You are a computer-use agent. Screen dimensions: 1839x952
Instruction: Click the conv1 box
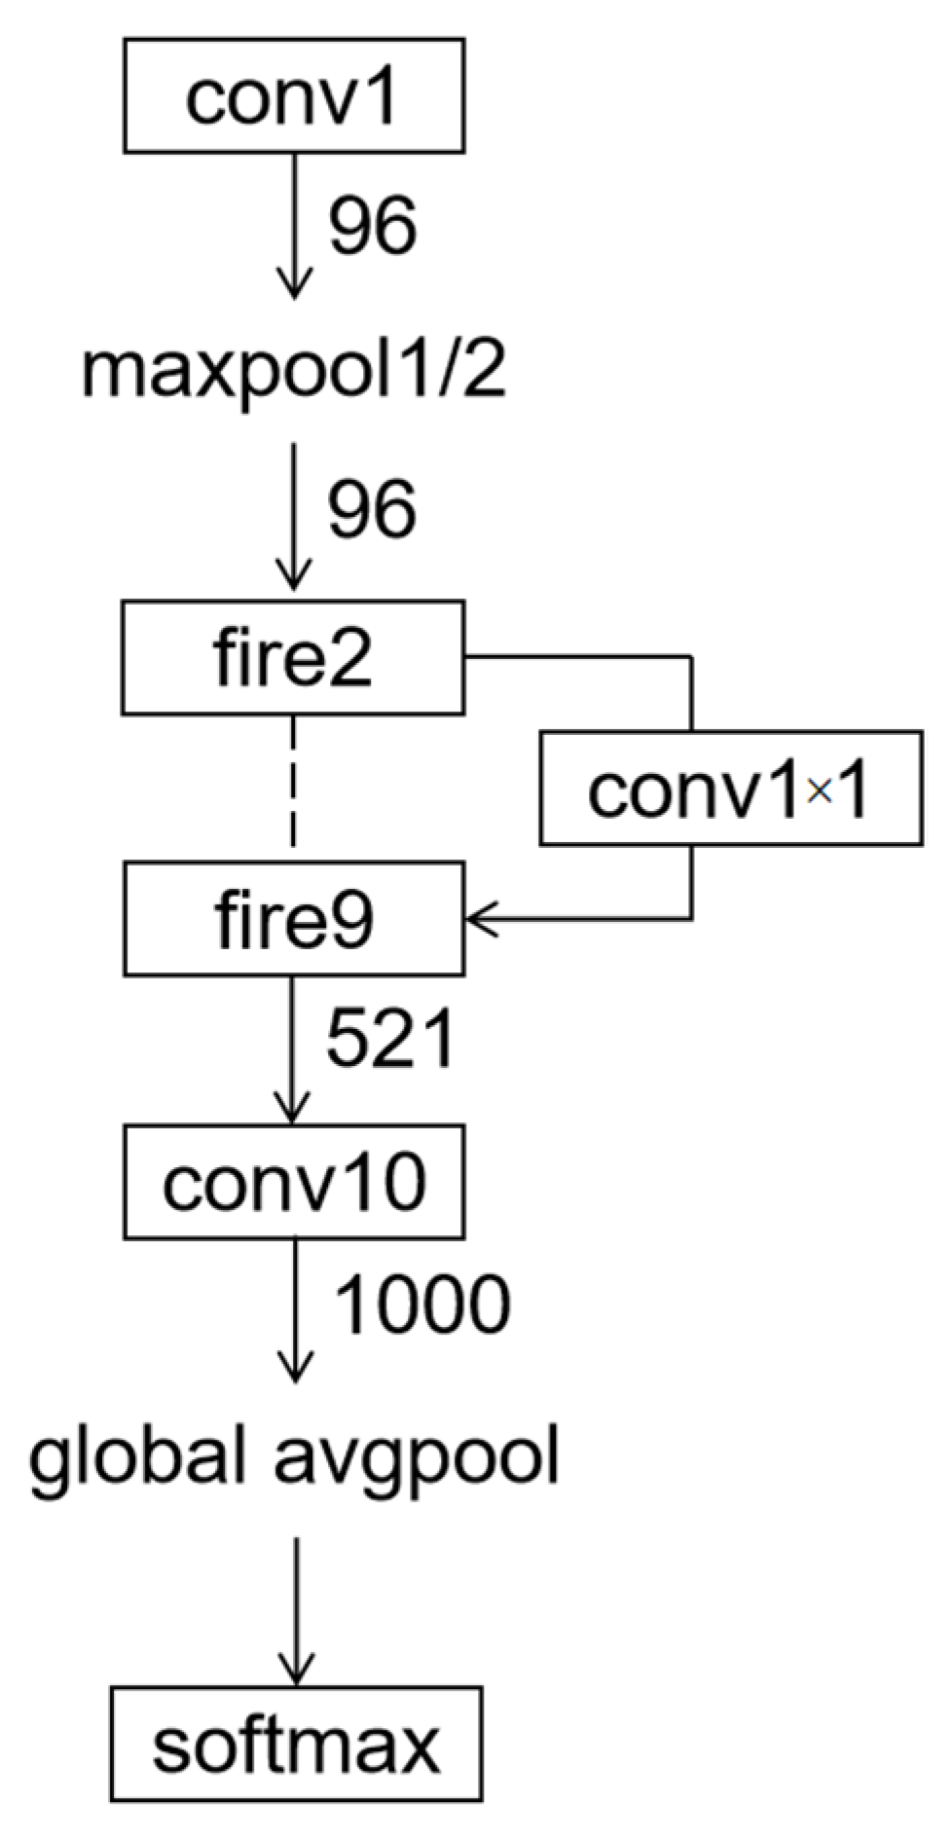(x=293, y=95)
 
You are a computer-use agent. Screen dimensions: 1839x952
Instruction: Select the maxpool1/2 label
(x=293, y=372)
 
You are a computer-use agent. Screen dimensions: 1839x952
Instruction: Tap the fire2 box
(x=293, y=658)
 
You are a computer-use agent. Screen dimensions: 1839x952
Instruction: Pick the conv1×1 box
(x=731, y=789)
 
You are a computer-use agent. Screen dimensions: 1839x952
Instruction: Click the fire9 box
(x=293, y=919)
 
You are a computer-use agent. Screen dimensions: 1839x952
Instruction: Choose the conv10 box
(x=293, y=1182)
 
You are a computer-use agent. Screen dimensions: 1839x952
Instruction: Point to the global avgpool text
(x=293, y=1458)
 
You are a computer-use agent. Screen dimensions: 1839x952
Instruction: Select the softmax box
(x=296, y=1744)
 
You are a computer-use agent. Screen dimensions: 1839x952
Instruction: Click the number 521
(x=389, y=1040)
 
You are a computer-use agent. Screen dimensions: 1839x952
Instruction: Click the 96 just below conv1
(x=372, y=226)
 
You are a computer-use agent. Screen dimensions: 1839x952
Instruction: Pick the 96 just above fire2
(x=372, y=509)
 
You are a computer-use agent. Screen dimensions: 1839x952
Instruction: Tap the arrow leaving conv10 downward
(x=295, y=1309)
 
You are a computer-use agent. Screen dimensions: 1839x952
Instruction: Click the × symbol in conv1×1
(x=820, y=793)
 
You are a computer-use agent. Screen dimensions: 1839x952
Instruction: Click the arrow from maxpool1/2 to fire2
(x=293, y=516)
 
